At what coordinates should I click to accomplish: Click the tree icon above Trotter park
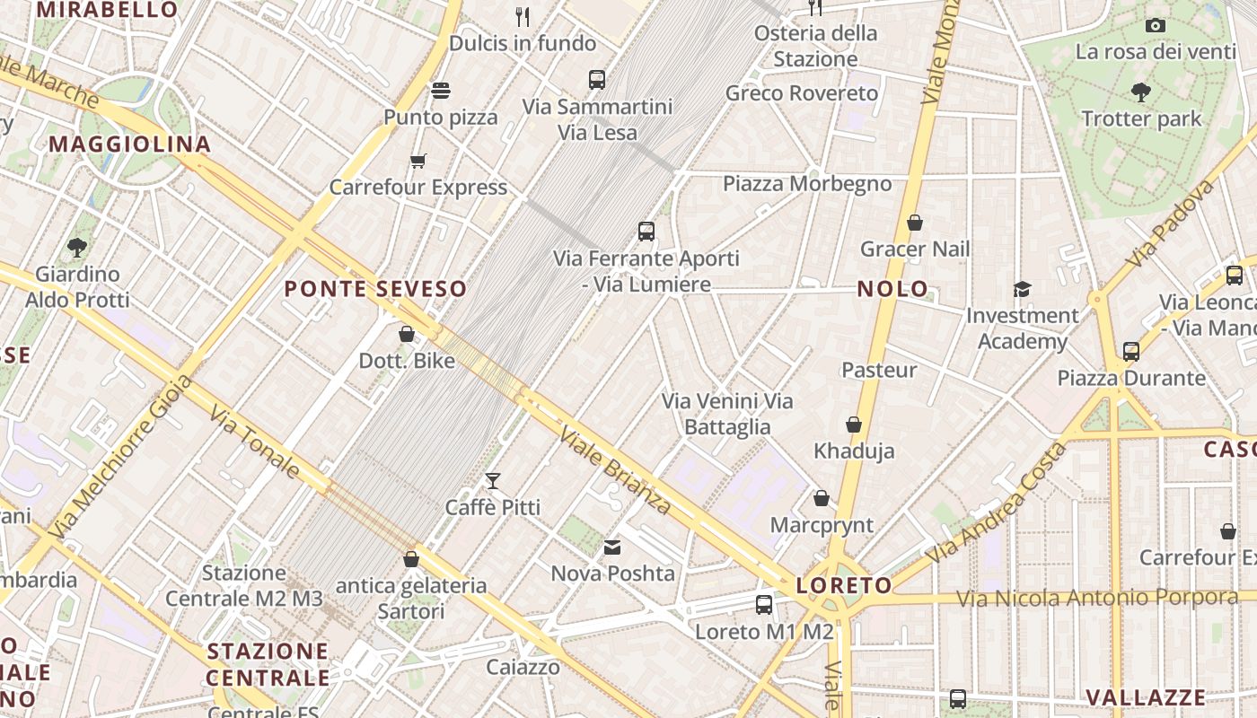[1141, 92]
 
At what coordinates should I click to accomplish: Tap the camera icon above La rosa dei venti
[1156, 25]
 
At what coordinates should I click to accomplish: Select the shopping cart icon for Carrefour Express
[418, 162]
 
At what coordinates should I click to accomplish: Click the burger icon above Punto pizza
[440, 90]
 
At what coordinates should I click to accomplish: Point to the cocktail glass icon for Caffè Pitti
[492, 481]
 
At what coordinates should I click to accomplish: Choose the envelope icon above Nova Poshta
[612, 547]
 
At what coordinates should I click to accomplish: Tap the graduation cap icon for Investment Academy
[1022, 289]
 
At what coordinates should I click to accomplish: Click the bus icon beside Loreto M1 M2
[764, 605]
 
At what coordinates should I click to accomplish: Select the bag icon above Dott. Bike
[407, 334]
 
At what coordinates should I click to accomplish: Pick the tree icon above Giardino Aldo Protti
[77, 247]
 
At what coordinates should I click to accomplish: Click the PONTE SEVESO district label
[375, 289]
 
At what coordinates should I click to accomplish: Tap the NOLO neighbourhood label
[892, 289]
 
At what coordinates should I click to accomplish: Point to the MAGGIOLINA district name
[130, 144]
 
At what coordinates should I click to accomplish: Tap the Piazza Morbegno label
[807, 184]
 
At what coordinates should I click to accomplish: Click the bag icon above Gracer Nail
[915, 223]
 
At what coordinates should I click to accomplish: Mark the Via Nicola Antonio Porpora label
[1096, 597]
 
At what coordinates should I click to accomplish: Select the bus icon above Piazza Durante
[1131, 351]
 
